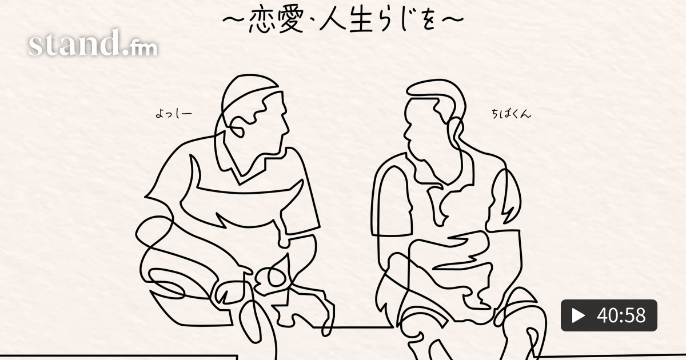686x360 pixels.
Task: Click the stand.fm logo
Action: point(93,43)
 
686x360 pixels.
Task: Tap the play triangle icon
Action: point(578,315)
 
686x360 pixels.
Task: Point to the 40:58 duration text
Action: point(621,315)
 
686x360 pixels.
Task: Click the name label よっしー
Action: point(174,114)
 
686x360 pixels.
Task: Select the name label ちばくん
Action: point(511,114)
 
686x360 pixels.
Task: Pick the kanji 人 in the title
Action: point(333,21)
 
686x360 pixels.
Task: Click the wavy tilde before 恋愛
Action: point(234,19)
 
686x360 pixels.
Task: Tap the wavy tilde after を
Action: point(453,19)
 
